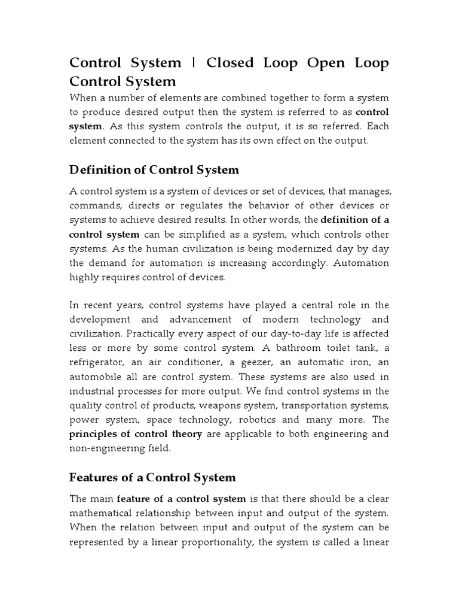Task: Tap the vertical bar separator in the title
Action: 194,63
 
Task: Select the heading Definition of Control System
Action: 154,170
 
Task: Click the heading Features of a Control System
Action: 152,477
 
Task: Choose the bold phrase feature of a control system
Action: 181,499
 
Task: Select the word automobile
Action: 99,377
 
